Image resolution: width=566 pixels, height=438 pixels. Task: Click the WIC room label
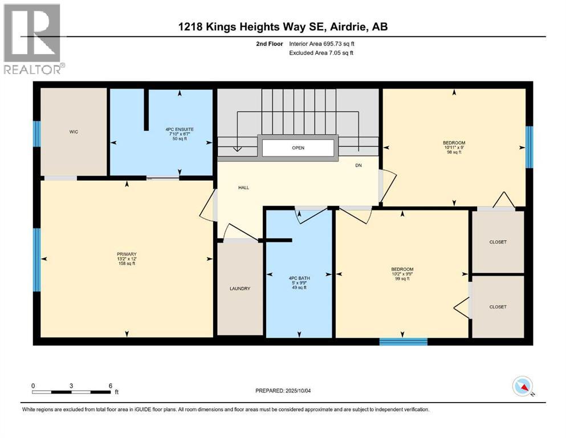tap(74, 132)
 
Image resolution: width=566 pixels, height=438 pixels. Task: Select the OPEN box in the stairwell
tap(298, 147)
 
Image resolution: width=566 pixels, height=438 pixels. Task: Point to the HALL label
tap(243, 188)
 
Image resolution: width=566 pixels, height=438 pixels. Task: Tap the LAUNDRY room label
tap(240, 289)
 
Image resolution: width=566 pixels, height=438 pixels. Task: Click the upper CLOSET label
tap(498, 242)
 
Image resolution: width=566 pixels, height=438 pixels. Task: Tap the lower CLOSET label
tap(498, 307)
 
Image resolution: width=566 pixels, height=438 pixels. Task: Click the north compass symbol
tap(523, 386)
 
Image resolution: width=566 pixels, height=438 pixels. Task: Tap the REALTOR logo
tap(33, 39)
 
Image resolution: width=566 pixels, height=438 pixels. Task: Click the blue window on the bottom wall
tap(403, 342)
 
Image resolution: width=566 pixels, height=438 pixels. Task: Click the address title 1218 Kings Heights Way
tap(283, 27)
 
